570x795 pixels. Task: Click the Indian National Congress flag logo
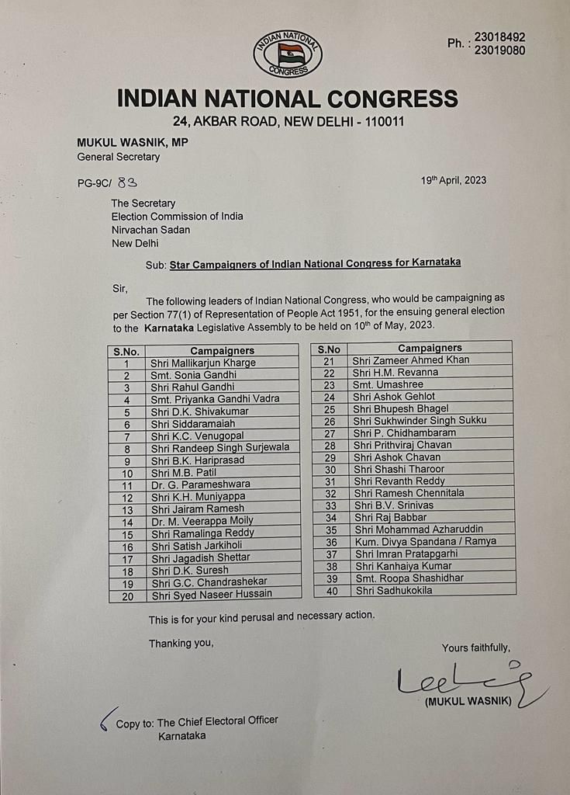(x=288, y=54)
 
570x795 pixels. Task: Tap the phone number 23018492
(x=499, y=36)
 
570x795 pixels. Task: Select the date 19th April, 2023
(x=454, y=180)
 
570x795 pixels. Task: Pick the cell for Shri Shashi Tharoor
(x=398, y=469)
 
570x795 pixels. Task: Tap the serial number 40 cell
(x=330, y=590)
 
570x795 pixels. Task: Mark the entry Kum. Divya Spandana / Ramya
(x=423, y=541)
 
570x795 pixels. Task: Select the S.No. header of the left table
(x=126, y=351)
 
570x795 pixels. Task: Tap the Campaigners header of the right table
(x=430, y=348)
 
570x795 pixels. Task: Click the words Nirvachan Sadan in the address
(x=150, y=230)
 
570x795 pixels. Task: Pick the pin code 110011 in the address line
(x=377, y=122)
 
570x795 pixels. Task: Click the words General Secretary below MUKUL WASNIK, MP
(x=118, y=157)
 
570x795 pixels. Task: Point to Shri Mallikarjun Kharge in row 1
(x=203, y=363)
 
